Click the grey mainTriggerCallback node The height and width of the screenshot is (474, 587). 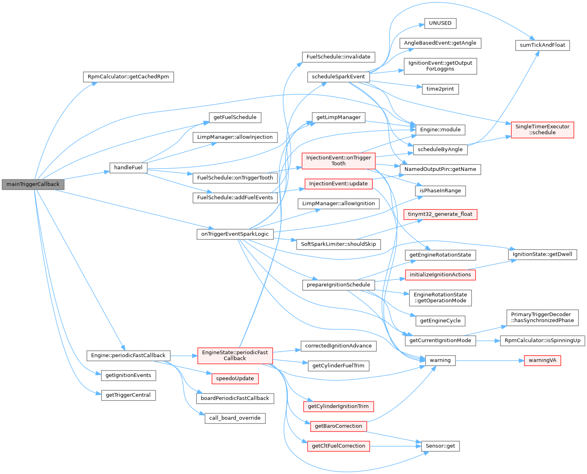point(33,184)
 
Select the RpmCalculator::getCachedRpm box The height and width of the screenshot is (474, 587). point(128,77)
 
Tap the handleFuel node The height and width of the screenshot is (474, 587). point(128,167)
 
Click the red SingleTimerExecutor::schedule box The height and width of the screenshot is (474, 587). point(542,130)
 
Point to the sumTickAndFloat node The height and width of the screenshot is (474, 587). point(542,45)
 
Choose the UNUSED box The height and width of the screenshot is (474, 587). point(440,23)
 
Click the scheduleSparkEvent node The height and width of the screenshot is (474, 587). point(338,77)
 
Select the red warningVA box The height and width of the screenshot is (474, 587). point(542,360)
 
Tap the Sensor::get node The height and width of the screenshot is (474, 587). point(440,446)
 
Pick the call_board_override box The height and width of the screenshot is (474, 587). point(235,418)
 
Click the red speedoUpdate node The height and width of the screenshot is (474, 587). point(235,378)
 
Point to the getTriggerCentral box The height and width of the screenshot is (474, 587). point(128,395)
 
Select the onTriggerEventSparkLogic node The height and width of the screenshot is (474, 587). point(235,234)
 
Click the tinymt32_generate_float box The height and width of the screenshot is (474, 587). point(440,214)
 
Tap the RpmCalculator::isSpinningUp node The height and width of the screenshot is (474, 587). point(542,340)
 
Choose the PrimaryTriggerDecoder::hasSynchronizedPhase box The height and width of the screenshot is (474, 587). point(542,317)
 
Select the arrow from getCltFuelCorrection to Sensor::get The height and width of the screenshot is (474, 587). point(395,446)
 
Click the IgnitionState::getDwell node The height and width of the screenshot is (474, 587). point(542,254)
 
